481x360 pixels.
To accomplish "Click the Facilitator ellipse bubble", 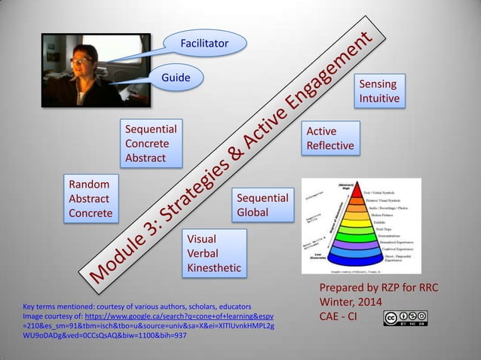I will pos(204,44).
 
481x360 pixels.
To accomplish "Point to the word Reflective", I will pos(329,145).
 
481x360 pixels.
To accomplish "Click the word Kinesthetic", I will pos(214,267).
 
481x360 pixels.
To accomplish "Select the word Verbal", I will pos(202,254).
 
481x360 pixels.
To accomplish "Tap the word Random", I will pos(89,185).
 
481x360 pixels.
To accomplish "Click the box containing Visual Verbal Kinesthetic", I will pos(214,254).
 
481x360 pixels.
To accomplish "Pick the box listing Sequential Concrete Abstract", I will pos(152,143).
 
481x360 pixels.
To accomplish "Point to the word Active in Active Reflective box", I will pos(321,132).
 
